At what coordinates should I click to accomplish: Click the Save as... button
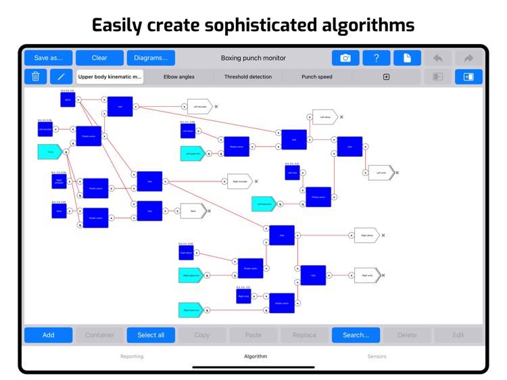[x=48, y=58]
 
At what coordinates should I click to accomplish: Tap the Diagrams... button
[x=150, y=58]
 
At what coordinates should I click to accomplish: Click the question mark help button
[x=377, y=58]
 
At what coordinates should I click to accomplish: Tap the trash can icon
[x=36, y=76]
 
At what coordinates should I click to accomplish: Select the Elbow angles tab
[x=179, y=77]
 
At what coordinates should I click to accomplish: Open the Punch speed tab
[x=316, y=77]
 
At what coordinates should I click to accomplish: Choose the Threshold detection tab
[x=247, y=77]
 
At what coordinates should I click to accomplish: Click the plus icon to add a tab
[x=387, y=77]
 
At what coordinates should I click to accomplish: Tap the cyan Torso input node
[x=49, y=152]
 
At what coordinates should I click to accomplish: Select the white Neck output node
[x=192, y=211]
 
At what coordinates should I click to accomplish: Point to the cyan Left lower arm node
[x=263, y=204]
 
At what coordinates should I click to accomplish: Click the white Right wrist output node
[x=366, y=275]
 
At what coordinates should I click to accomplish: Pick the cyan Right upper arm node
[x=190, y=275]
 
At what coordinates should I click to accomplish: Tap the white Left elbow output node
[x=324, y=117]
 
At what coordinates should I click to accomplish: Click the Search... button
[x=356, y=335]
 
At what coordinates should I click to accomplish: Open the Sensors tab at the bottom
[x=377, y=356]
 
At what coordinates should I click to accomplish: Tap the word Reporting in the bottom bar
[x=132, y=356]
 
